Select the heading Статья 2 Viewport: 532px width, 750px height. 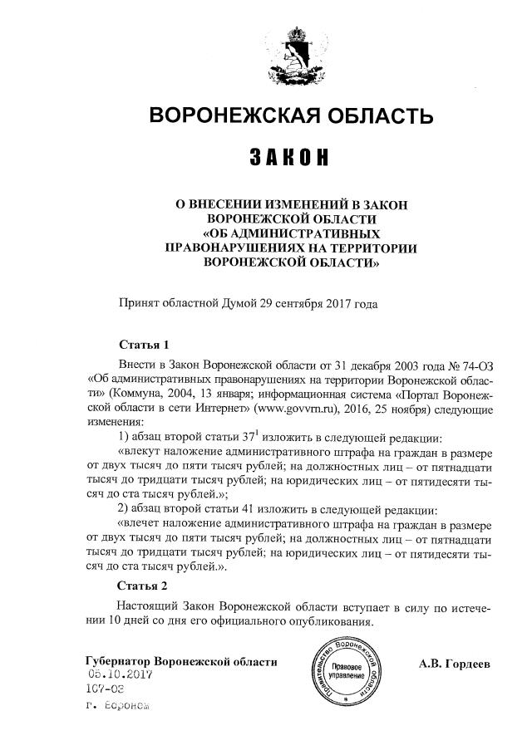coord(144,586)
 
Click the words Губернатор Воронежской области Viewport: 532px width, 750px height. coord(181,661)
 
